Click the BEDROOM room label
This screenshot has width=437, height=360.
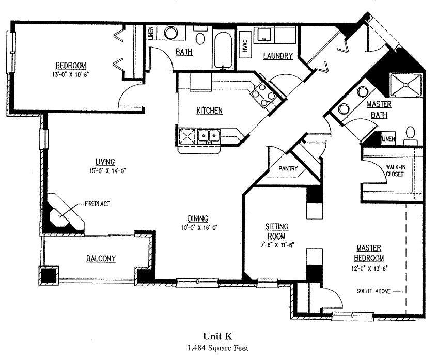click(70, 65)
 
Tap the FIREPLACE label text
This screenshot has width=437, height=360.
click(97, 204)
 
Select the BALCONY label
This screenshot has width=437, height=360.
click(101, 259)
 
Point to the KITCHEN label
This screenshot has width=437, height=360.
click(209, 111)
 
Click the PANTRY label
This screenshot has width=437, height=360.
click(288, 169)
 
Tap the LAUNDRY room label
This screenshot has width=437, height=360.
click(278, 56)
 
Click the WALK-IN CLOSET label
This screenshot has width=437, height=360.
click(395, 170)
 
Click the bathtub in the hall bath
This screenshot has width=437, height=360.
click(223, 51)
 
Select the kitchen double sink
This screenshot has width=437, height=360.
click(210, 135)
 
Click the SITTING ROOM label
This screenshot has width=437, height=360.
click(276, 230)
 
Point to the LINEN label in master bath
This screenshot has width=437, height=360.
click(388, 139)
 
